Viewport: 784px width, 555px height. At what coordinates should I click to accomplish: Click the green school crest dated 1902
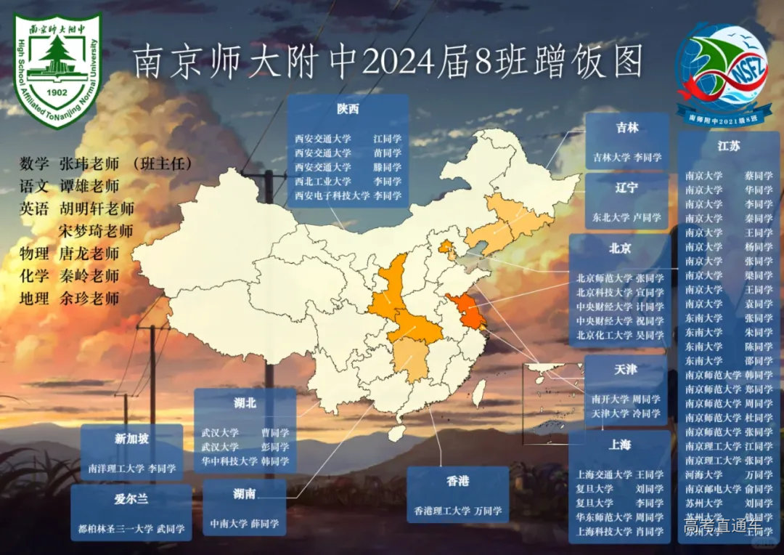(58, 70)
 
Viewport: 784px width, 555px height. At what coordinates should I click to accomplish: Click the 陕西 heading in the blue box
(348, 110)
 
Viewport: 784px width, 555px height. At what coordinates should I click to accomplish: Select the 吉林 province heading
(627, 128)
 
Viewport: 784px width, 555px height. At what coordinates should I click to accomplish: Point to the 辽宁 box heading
(626, 187)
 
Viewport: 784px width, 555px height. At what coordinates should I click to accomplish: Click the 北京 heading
(620, 248)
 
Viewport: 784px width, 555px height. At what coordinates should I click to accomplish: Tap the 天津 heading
(625, 369)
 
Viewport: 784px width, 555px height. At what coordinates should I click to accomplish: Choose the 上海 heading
(619, 444)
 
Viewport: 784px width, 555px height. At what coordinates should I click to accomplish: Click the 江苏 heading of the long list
(728, 145)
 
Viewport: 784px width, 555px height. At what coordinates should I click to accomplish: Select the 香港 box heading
(457, 480)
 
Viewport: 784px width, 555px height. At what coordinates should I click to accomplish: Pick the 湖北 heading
(245, 402)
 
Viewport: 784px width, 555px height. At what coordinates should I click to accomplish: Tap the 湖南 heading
(244, 494)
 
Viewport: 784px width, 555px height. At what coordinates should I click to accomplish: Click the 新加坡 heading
(131, 438)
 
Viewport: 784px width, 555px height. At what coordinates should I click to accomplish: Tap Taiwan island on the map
(479, 393)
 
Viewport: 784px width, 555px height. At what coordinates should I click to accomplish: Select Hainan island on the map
(396, 433)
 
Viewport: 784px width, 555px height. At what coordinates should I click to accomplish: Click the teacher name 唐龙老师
(90, 254)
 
